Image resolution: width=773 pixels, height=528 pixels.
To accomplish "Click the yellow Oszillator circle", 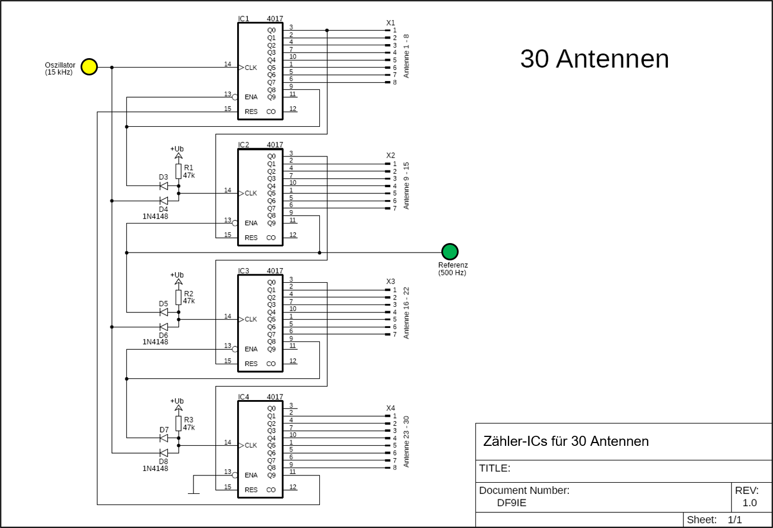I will click(89, 67).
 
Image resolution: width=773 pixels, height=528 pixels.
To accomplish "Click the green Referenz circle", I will click(450, 252).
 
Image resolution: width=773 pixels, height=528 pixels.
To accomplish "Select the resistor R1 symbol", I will click(178, 170).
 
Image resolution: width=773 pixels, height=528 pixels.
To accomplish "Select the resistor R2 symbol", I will click(178, 297).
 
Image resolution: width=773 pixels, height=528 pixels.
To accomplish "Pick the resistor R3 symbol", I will click(178, 423).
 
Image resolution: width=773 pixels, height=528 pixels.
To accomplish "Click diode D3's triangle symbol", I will click(163, 185).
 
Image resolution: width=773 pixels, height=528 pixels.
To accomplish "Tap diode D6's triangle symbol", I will click(163, 327).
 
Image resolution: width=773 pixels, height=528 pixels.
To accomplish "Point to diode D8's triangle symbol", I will click(163, 453).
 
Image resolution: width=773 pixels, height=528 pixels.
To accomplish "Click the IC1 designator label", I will click(243, 19).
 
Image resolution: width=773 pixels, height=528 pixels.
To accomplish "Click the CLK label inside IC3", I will click(251, 320).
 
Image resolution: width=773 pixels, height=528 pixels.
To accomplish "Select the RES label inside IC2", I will click(251, 237).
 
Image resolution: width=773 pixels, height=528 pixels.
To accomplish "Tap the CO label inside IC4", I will click(271, 490).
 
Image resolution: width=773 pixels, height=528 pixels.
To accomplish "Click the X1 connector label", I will click(390, 23).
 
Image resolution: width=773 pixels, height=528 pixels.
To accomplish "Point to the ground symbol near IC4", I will click(193, 493).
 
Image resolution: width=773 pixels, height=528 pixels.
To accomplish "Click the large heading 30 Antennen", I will click(594, 59).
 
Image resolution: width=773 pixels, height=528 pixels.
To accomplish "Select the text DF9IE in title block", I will click(511, 503).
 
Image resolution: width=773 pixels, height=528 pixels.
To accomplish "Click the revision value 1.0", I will click(750, 503).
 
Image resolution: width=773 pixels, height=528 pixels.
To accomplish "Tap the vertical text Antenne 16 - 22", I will click(407, 313).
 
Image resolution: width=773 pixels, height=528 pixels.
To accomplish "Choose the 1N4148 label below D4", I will click(155, 216).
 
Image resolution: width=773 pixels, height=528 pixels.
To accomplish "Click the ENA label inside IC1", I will click(251, 97).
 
